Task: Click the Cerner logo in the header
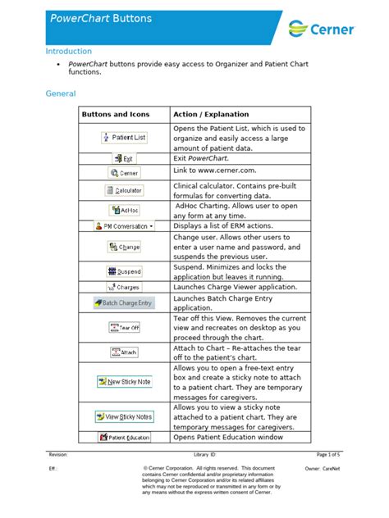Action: (322, 30)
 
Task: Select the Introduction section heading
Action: (68, 51)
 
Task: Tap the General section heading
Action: (60, 93)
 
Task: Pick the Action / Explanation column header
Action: (211, 115)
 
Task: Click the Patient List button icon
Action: (124, 138)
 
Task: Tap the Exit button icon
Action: (124, 158)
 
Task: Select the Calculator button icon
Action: (124, 189)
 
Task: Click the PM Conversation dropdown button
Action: (124, 225)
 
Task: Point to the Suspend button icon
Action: (124, 271)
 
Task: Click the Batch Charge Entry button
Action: (124, 302)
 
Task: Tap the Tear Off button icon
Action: (124, 327)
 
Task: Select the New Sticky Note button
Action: (124, 382)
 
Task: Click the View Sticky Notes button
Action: (124, 417)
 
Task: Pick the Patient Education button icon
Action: (124, 438)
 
